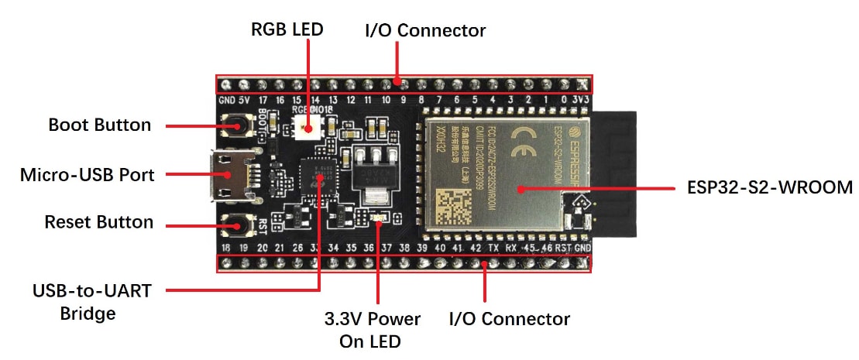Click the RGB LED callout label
(x=287, y=29)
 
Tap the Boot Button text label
(x=100, y=125)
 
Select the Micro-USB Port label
(x=87, y=174)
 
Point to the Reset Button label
(x=98, y=222)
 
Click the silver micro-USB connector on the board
(x=230, y=175)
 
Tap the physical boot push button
(x=234, y=125)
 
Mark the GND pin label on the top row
(x=226, y=101)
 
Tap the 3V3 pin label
(x=581, y=101)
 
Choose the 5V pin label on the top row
(x=243, y=101)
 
